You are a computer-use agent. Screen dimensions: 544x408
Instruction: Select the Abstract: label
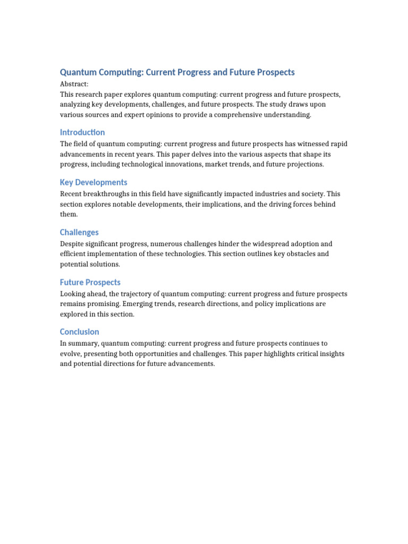pyautogui.click(x=74, y=84)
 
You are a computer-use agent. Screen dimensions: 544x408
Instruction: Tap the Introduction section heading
pyautogui.click(x=82, y=132)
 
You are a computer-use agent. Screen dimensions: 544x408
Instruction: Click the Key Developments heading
pyautogui.click(x=93, y=182)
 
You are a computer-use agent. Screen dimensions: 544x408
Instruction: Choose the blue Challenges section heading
pyautogui.click(x=79, y=232)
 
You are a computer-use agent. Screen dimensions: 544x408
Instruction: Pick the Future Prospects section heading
pyautogui.click(x=90, y=282)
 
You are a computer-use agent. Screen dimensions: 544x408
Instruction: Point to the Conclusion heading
pyautogui.click(x=80, y=332)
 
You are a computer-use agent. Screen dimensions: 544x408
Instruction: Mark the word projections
pyautogui.click(x=304, y=164)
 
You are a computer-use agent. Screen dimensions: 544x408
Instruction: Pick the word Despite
pyautogui.click(x=72, y=244)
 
